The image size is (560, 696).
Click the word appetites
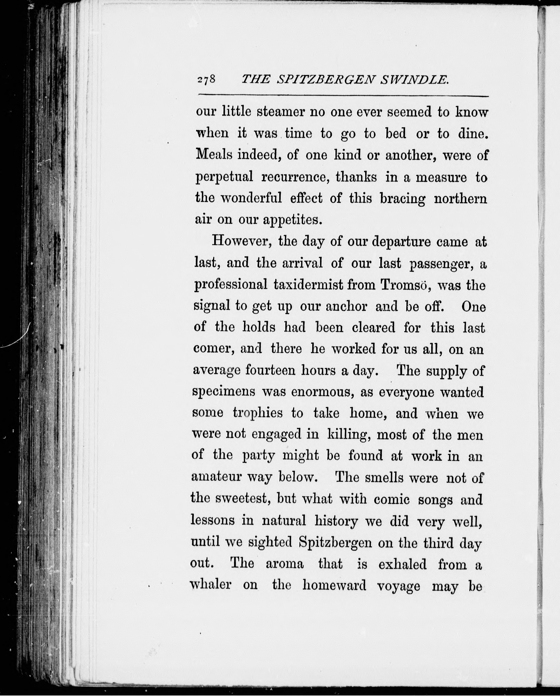[292, 220]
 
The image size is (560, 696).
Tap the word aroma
[285, 564]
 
